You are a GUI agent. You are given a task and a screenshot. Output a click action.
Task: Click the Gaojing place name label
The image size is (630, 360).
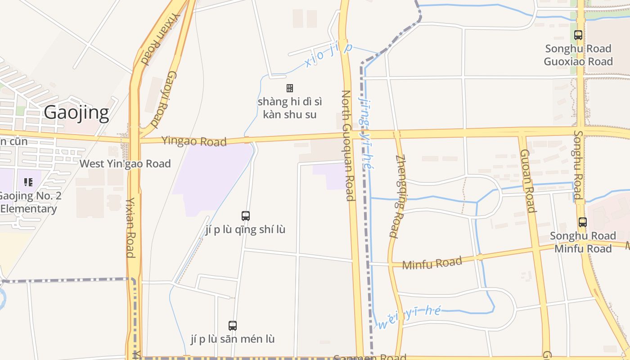pos(76,112)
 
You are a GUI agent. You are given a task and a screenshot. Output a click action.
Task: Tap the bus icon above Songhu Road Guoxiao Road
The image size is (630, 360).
pos(578,35)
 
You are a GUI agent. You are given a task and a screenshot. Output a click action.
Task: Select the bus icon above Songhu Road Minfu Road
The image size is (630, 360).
pos(583,222)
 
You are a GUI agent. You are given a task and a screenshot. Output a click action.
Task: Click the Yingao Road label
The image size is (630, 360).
pos(194,141)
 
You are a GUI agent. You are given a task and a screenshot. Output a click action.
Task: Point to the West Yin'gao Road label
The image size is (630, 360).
pos(125,163)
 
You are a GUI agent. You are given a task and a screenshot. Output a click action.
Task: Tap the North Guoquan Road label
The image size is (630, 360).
pos(347,145)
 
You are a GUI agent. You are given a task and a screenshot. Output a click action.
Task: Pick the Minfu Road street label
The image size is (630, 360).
pos(432,263)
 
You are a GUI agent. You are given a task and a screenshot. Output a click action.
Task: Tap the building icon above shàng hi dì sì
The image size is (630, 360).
pos(290,88)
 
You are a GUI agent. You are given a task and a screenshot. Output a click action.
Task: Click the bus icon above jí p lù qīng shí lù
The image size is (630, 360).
pos(245,216)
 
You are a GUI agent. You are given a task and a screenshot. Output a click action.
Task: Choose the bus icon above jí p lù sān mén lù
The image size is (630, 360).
pos(233,325)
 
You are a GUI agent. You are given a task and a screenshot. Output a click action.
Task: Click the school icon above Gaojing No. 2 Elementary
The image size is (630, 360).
pos(28,182)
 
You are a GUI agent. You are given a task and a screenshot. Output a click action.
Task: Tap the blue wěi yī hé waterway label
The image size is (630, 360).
pos(409,317)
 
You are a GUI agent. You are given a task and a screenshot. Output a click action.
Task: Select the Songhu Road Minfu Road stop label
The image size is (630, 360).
pos(583,242)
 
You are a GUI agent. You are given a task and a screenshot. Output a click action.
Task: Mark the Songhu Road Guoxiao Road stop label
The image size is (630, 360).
pos(578,55)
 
